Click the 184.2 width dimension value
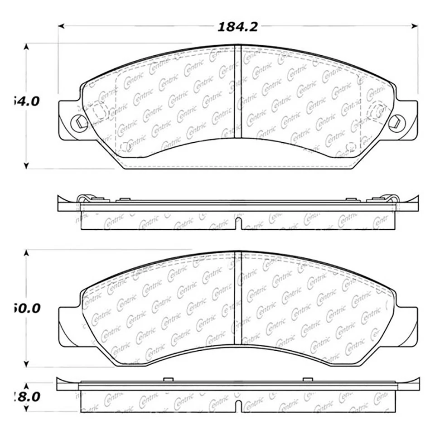click(238, 27)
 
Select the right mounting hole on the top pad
click(396, 121)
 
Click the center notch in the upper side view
click(238, 223)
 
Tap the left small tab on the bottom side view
click(168, 379)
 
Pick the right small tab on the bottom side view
click(308, 379)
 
